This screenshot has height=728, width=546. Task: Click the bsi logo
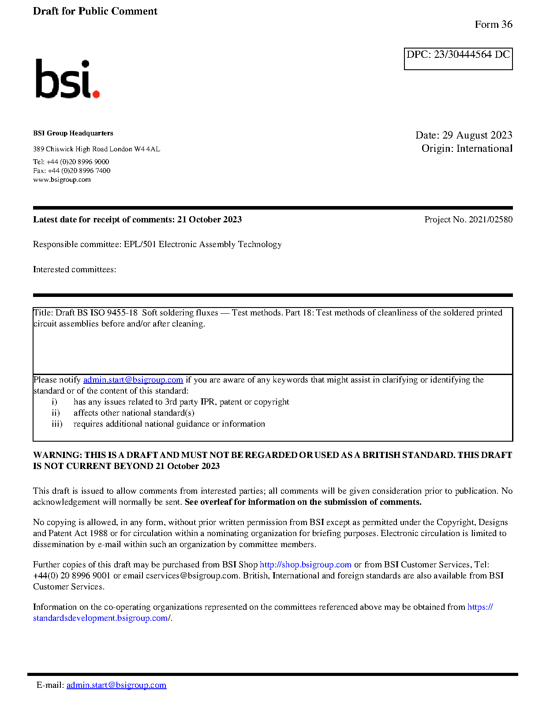(x=67, y=79)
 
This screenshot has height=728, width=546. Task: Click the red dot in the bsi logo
(x=96, y=94)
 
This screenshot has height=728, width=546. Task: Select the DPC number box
(x=458, y=59)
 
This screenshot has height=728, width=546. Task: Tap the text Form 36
(x=494, y=25)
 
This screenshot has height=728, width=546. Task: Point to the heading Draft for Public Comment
(x=95, y=11)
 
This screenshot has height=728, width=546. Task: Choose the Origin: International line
(x=467, y=148)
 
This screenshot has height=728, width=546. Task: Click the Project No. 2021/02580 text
(x=468, y=220)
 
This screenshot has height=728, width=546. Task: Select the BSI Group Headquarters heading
(x=73, y=133)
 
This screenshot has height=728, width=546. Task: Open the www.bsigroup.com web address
(x=62, y=180)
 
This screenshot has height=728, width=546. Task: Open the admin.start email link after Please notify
(x=133, y=380)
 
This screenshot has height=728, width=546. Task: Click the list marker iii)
(x=57, y=424)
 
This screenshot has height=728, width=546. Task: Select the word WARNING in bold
(x=57, y=455)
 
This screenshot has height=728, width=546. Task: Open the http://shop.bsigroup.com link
(x=305, y=565)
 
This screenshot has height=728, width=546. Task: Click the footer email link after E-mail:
(x=116, y=685)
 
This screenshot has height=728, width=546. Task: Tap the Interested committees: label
(x=75, y=270)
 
